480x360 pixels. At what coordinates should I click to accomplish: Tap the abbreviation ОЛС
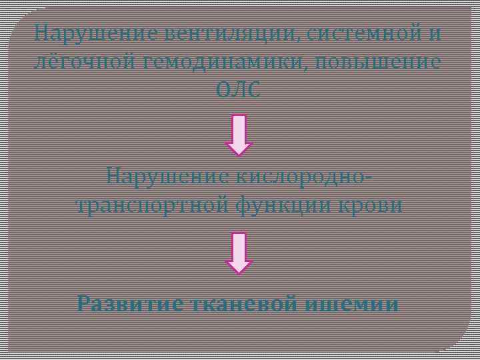tap(239, 91)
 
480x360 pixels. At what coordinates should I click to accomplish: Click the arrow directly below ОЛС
tap(239, 135)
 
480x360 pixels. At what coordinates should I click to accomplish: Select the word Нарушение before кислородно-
tap(168, 177)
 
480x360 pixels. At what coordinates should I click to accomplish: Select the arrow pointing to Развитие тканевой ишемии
tap(239, 253)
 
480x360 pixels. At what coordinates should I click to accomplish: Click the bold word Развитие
tap(129, 304)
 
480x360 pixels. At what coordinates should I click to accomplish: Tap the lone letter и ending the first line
tap(436, 32)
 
